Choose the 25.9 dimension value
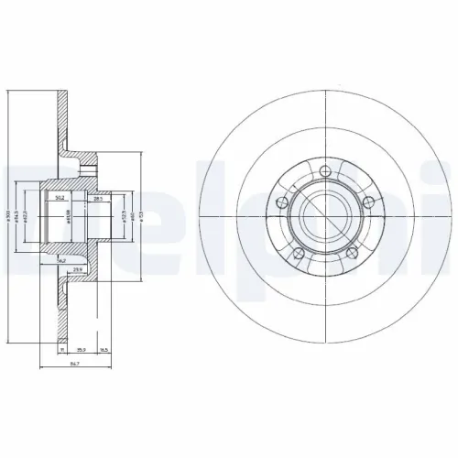(x=81, y=268)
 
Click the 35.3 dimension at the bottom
(x=81, y=349)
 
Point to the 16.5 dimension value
(x=104, y=349)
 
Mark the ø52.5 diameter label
(x=123, y=216)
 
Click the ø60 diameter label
(x=133, y=216)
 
